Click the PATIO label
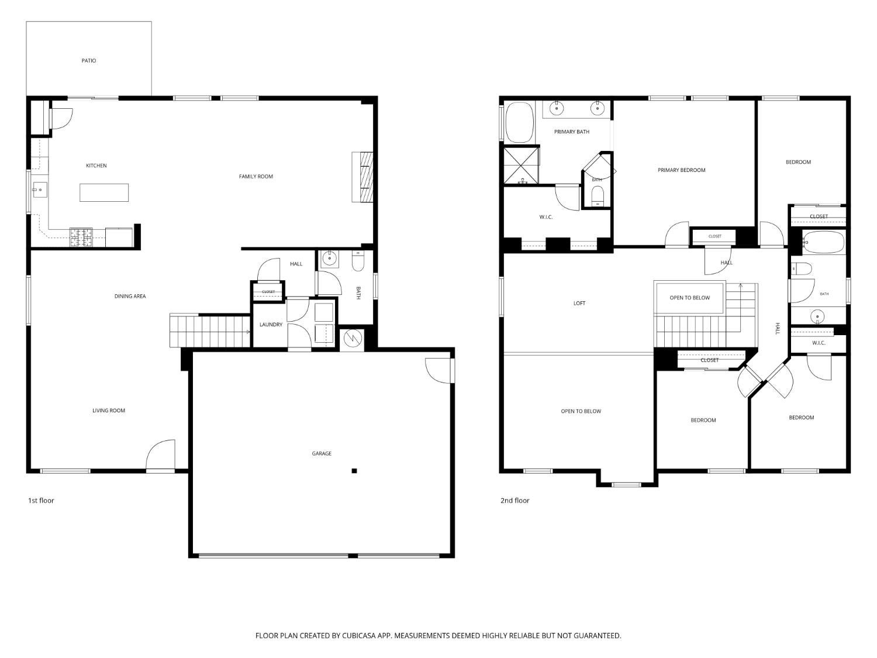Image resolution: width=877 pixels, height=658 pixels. tap(89, 61)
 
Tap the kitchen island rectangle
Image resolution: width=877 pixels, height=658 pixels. tap(104, 192)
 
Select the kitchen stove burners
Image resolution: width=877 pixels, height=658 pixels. tap(81, 237)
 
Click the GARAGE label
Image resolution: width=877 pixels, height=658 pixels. tap(322, 453)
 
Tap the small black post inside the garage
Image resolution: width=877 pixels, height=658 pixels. tap(354, 471)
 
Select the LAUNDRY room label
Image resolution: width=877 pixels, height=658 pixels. tap(271, 325)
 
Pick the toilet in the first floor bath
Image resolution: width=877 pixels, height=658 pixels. tap(358, 261)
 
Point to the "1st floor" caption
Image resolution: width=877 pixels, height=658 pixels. tap(41, 501)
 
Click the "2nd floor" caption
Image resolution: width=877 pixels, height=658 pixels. tap(515, 501)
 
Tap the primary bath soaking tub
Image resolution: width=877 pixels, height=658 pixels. tap(520, 122)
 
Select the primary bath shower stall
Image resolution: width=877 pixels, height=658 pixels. tap(522, 166)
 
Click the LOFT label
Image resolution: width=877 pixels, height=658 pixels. tap(579, 303)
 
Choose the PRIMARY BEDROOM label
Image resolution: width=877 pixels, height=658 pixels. tap(681, 170)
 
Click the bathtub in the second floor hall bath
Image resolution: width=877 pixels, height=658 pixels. tap(824, 242)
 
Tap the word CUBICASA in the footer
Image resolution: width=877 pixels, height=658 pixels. tap(359, 636)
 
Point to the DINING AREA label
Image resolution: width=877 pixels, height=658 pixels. tap(130, 296)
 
